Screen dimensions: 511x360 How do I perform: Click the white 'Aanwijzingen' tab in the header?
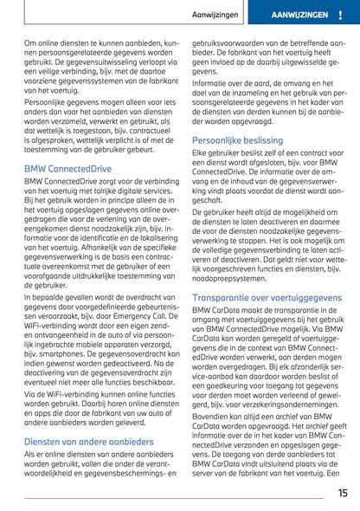239,16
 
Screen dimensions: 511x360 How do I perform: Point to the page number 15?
343,493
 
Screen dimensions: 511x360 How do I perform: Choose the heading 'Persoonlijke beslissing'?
238,138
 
